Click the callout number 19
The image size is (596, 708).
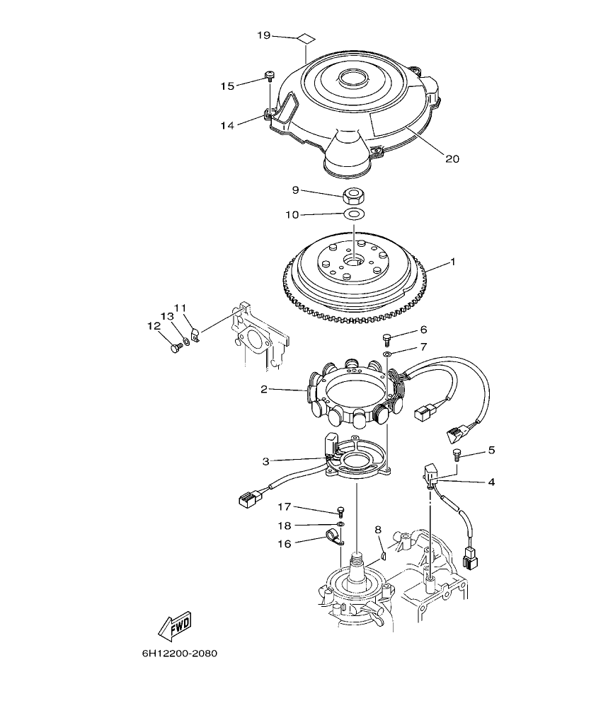tap(263, 35)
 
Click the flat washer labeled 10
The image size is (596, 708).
tap(354, 213)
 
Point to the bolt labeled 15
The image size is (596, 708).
tap(269, 76)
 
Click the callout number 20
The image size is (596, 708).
tap(452, 159)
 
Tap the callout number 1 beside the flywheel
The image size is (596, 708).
tap(453, 262)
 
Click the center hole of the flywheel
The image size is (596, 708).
tap(353, 262)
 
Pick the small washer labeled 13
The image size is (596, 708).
tap(185, 342)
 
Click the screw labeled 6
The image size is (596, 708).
tap(387, 338)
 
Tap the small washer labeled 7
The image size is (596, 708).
tap(387, 352)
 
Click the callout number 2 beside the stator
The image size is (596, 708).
tap(263, 388)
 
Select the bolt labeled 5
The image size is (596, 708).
tap(457, 453)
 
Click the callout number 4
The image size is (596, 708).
tap(491, 482)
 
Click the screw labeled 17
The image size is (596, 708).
tap(340, 511)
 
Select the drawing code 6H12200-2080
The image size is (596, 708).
tap(179, 653)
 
